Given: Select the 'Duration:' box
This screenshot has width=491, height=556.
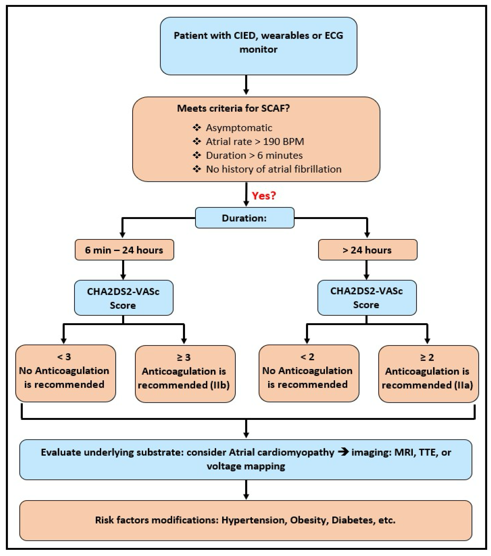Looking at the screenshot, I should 244,218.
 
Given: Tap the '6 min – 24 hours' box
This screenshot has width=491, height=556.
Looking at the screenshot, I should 124,250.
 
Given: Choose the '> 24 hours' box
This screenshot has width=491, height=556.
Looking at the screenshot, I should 367,250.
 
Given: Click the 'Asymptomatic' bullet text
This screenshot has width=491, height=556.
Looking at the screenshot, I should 239,128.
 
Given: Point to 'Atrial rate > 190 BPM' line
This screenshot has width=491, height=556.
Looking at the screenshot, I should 255,141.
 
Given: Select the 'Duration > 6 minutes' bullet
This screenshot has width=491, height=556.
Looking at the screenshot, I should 254,155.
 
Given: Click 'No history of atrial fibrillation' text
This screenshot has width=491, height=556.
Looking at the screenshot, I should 273,169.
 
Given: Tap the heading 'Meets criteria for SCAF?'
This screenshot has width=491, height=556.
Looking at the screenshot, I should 233,108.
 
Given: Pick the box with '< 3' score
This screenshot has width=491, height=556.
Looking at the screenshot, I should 65,373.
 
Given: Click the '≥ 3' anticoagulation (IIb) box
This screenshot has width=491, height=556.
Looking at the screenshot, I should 185,374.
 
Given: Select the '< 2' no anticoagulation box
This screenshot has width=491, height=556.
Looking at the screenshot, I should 309,373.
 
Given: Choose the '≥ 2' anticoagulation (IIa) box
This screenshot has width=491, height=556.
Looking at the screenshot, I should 428,374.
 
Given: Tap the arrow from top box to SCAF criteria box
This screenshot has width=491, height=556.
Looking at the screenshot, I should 246,85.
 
